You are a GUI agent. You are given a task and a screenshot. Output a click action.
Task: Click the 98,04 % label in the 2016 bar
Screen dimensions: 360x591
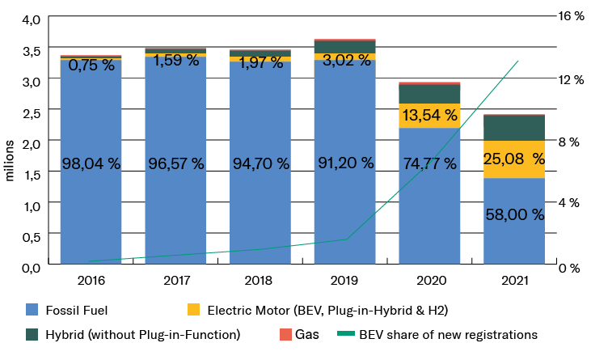tap(91, 163)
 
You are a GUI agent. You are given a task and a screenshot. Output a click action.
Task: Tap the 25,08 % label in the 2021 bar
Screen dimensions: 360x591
tap(513, 159)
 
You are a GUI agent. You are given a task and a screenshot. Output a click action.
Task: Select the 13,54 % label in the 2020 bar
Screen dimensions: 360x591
tap(429, 115)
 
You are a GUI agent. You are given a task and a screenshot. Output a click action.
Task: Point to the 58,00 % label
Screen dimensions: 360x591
tap(513, 214)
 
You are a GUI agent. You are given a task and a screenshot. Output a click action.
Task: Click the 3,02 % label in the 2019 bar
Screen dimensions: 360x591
tap(344, 60)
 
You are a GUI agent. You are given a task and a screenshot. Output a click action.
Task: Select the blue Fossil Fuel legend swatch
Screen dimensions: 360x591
tap(33, 309)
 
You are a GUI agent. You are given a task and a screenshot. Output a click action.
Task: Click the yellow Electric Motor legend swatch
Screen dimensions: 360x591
tap(193, 309)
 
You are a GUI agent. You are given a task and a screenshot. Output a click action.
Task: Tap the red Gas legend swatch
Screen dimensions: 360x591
tap(285, 333)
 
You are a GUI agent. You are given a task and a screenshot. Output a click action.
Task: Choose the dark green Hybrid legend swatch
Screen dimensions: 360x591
tap(33, 333)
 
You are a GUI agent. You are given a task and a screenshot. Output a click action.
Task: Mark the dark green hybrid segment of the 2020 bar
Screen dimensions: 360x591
tap(429, 93)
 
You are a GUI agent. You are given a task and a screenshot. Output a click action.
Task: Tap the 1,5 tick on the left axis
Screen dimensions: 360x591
tap(31, 174)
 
